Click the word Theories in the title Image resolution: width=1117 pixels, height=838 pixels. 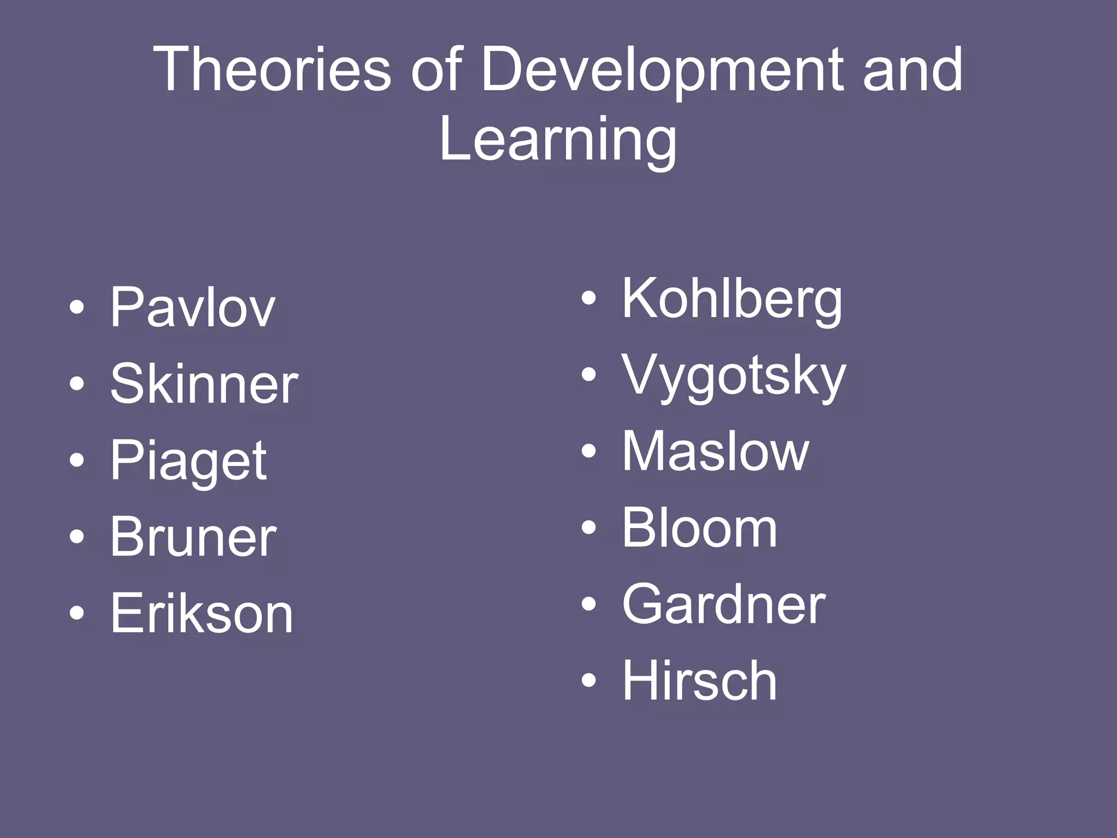273,70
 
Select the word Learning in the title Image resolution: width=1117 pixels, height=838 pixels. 557,141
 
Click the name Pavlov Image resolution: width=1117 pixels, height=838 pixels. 193,308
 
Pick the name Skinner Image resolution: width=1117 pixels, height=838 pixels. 204,384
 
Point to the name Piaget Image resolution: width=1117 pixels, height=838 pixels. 188,462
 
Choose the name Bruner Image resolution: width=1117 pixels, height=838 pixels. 193,537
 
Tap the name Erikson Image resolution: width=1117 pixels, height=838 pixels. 202,614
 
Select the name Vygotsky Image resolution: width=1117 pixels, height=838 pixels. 734,376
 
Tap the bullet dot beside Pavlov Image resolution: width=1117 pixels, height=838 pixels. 77,307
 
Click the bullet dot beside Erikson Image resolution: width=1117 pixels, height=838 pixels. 77,613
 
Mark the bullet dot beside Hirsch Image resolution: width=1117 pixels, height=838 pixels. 588,680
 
